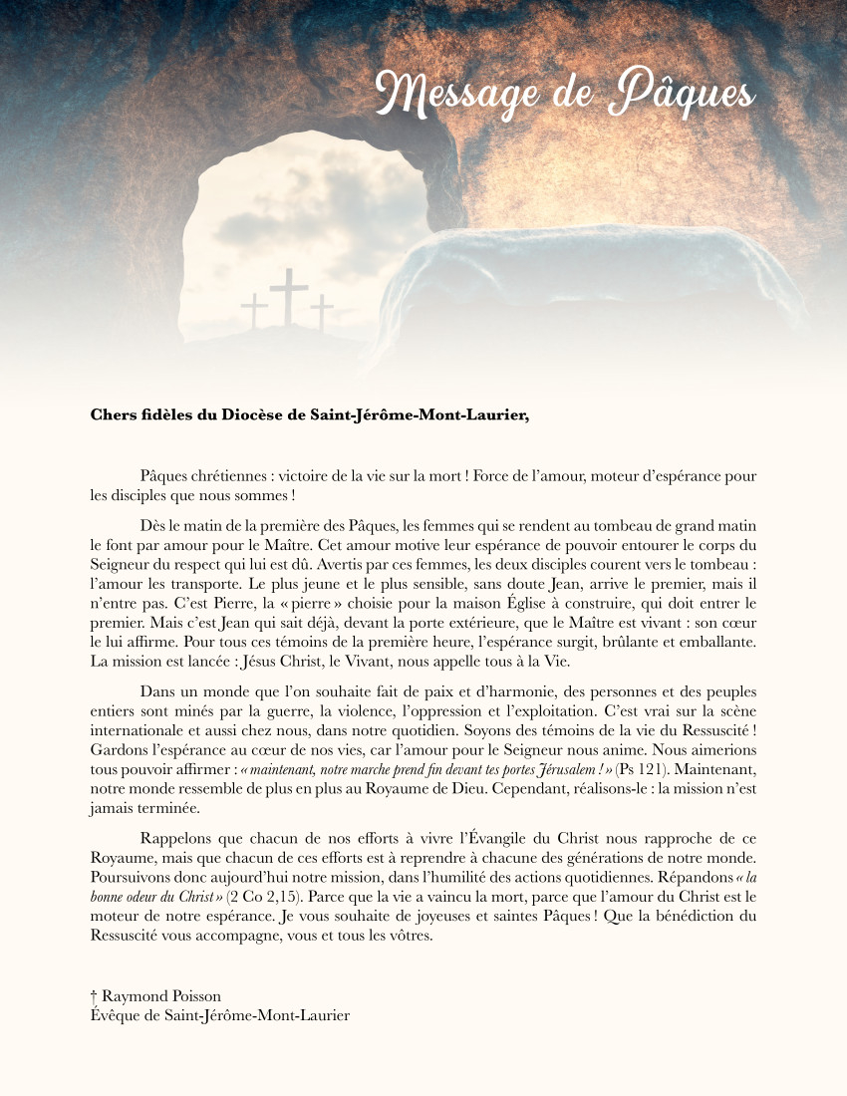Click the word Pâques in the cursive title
pyautogui.click(x=683, y=94)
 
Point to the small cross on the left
pyautogui.click(x=255, y=310)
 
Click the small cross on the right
pyautogui.click(x=321, y=312)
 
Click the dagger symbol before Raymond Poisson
pyautogui.click(x=94, y=996)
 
